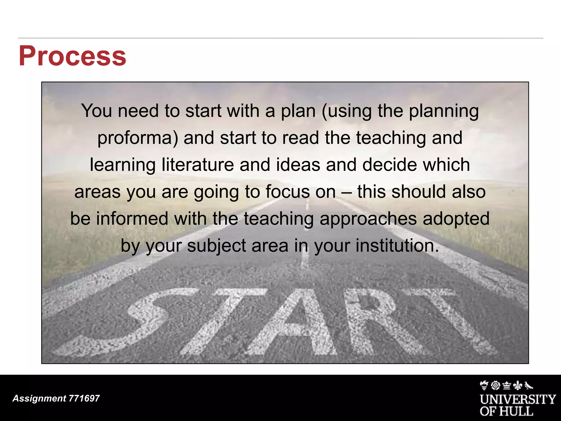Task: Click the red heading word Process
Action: [x=72, y=56]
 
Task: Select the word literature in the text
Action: [x=198, y=165]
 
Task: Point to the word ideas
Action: [x=298, y=165]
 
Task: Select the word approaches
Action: [x=368, y=218]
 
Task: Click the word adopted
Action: [x=456, y=218]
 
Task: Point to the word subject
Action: [x=216, y=246]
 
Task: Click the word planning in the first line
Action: [x=444, y=111]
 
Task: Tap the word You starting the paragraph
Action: [x=97, y=111]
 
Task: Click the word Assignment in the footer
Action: [x=39, y=398]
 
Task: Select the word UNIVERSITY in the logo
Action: [x=518, y=399]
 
